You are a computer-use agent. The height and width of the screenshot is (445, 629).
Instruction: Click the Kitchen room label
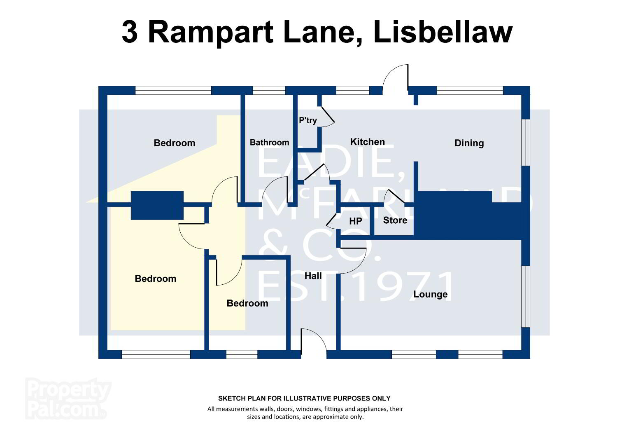[x=367, y=142]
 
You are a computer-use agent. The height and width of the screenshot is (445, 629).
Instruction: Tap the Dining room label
[x=469, y=143]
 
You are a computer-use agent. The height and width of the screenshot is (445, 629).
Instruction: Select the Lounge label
[x=431, y=294]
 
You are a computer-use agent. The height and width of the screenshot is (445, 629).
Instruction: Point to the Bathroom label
[x=269, y=143]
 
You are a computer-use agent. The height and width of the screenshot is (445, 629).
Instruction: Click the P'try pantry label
[x=308, y=120]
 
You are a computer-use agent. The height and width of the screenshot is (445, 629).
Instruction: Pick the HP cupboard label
[x=356, y=221]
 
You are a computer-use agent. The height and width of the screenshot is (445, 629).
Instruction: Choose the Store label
[x=395, y=220]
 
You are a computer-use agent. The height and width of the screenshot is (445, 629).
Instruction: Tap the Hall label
[x=313, y=276]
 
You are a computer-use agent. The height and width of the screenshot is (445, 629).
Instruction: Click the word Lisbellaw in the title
[x=443, y=32]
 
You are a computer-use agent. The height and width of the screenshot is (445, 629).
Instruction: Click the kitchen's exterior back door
[x=395, y=78]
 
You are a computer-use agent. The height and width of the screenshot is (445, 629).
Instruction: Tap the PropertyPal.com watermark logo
[x=68, y=398]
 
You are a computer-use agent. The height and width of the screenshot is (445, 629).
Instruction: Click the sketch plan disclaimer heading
[x=304, y=398]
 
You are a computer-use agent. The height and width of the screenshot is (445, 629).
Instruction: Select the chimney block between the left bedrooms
[x=157, y=206]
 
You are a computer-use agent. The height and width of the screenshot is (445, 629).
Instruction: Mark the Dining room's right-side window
[x=526, y=143]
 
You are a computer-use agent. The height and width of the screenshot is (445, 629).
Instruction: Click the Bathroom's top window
[x=269, y=90]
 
